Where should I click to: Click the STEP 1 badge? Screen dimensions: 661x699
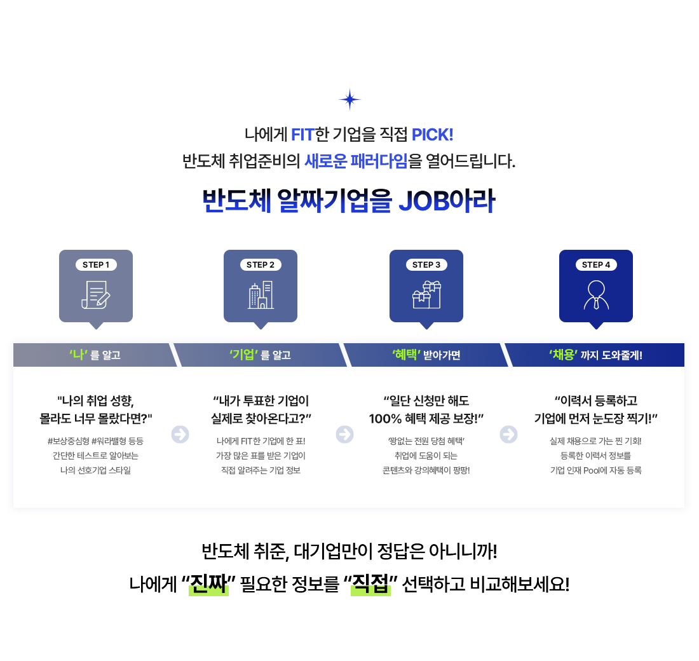(x=96, y=265)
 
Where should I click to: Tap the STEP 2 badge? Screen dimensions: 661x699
(x=261, y=265)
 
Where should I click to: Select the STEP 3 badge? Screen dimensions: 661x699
(x=426, y=265)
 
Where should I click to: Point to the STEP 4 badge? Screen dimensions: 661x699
(x=596, y=265)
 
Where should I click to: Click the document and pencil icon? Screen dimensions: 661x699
(x=95, y=295)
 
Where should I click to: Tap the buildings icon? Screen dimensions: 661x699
(x=261, y=295)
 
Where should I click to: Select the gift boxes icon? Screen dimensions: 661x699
(x=426, y=294)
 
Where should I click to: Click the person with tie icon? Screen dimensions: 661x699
(x=596, y=295)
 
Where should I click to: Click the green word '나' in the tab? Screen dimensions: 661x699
(x=78, y=355)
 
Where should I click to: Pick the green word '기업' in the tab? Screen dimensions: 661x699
(x=242, y=355)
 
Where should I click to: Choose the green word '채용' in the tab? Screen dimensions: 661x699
(x=564, y=355)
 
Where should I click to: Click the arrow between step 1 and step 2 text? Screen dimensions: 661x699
(x=180, y=435)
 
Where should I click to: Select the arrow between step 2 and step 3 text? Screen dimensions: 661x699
(x=344, y=435)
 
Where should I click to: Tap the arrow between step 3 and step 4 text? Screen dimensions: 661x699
(x=508, y=435)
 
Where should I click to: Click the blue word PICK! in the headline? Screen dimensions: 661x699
(x=432, y=135)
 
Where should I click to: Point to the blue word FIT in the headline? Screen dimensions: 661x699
(x=303, y=135)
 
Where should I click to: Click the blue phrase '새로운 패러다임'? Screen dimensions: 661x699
(x=356, y=161)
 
